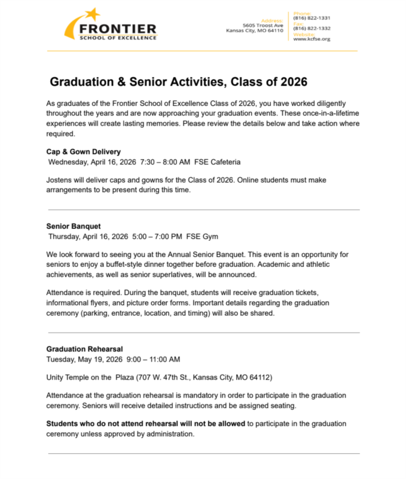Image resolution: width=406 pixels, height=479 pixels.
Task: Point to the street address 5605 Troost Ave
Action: click(x=262, y=25)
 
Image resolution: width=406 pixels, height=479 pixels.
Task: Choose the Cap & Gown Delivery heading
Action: click(x=83, y=151)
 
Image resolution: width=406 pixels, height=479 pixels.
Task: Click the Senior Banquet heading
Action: click(x=69, y=226)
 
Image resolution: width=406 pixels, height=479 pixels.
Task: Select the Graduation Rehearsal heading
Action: click(x=84, y=349)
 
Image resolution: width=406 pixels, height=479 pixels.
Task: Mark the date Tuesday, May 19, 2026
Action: click(x=84, y=359)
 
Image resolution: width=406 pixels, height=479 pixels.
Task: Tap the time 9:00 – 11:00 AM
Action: click(x=152, y=359)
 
